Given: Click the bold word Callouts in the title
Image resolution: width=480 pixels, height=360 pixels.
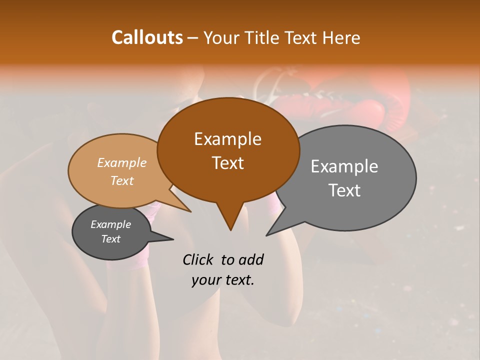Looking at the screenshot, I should (x=147, y=37).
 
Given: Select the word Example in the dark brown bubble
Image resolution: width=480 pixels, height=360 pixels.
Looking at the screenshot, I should (x=227, y=139).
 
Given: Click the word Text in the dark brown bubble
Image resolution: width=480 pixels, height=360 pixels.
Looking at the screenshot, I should (x=227, y=163).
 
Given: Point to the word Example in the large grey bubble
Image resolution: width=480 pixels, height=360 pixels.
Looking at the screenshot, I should (x=344, y=166).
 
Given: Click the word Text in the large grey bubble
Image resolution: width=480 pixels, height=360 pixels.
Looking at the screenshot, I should (x=344, y=190).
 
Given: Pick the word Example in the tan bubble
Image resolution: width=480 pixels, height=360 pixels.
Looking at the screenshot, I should (x=122, y=162).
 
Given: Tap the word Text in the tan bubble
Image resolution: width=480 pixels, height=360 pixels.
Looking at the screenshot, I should (x=122, y=180).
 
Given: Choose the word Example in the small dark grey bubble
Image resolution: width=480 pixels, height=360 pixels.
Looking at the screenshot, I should (x=111, y=224).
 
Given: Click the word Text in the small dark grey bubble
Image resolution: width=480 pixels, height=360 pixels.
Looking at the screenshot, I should (x=111, y=239).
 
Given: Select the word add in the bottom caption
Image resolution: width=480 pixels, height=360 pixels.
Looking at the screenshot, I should (x=251, y=259).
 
